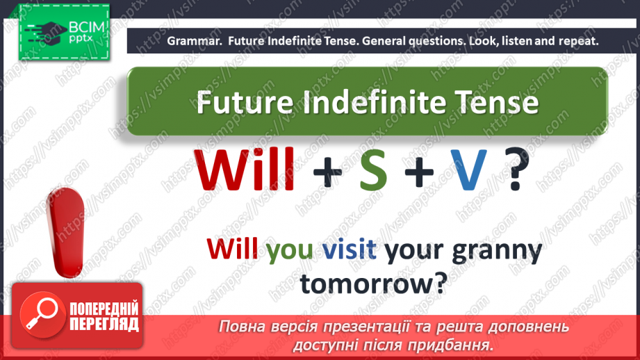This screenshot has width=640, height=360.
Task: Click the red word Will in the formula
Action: pyautogui.click(x=244, y=170)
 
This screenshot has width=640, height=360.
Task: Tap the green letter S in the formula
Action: pyautogui.click(x=373, y=170)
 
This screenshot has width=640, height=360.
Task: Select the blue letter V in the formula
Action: pyautogui.click(x=468, y=170)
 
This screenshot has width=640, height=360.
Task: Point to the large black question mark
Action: pyautogui.click(x=516, y=169)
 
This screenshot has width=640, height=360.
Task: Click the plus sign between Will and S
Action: pyautogui.click(x=327, y=172)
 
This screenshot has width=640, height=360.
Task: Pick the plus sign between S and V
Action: pyautogui.click(x=419, y=172)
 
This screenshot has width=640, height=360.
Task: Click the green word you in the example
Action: pyautogui.click(x=289, y=249)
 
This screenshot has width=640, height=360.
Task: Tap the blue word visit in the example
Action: pyautogui.click(x=350, y=248)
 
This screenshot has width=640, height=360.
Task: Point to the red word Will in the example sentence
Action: pyautogui.click(x=232, y=248)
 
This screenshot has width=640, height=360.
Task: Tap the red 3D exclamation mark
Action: pyautogui.click(x=65, y=232)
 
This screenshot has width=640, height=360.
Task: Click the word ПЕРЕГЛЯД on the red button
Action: pyautogui.click(x=104, y=325)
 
